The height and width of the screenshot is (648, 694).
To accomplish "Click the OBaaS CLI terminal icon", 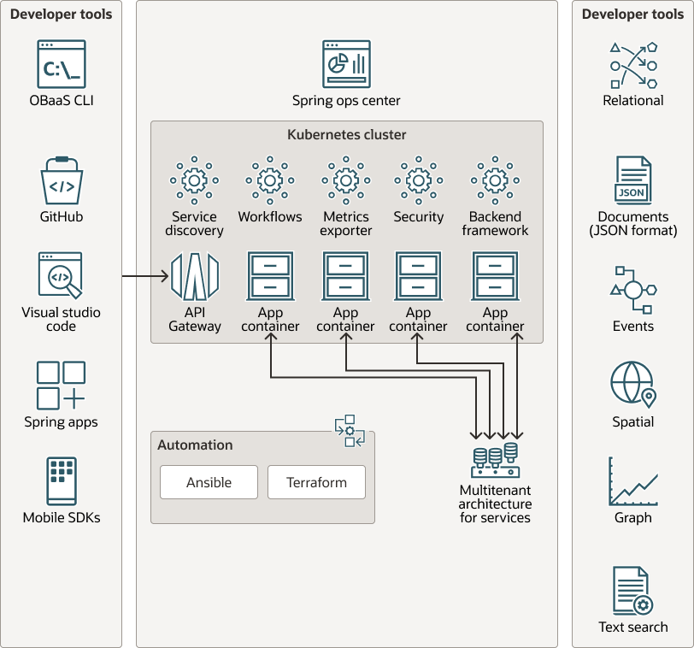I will [61, 64].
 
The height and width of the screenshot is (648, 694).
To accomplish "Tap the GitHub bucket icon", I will [62, 181].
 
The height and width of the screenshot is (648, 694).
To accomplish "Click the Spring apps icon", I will [61, 385].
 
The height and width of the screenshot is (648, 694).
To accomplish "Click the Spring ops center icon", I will [346, 64].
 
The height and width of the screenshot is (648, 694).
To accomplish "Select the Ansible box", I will [209, 482].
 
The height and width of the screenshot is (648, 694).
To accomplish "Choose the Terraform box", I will [316, 482].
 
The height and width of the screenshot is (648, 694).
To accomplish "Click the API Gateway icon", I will [195, 275].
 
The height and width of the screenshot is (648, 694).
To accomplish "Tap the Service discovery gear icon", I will [194, 180].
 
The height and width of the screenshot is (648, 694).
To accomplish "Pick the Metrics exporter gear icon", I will [346, 180].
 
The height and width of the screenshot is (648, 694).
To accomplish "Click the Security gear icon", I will [419, 180].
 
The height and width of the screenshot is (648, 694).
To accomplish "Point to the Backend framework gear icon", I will [495, 180].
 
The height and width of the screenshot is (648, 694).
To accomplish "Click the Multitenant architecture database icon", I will [496, 460].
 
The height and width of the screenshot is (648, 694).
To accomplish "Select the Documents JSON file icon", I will [632, 180].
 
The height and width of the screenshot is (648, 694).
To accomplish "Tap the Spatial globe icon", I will [632, 384].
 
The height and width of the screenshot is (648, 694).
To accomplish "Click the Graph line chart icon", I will [632, 481].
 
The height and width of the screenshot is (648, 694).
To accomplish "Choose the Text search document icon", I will [632, 591].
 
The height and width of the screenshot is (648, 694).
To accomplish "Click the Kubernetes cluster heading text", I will [346, 135].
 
